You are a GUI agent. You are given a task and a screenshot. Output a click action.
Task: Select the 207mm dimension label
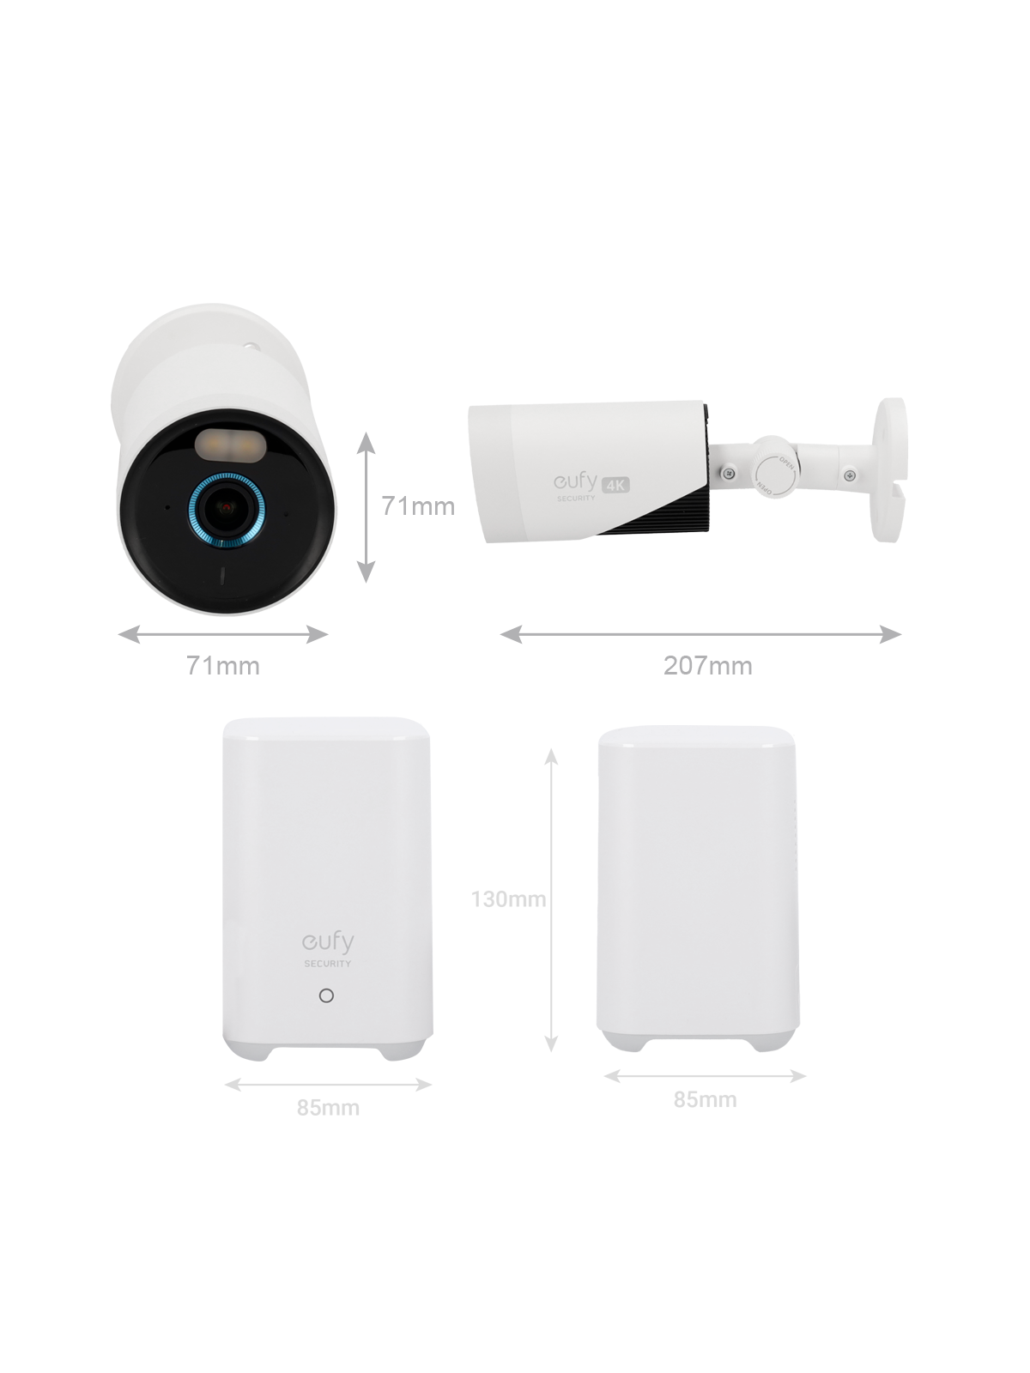(x=707, y=666)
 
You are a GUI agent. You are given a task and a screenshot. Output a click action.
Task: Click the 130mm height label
(x=508, y=899)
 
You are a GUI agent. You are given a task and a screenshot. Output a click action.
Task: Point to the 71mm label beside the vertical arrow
(x=418, y=506)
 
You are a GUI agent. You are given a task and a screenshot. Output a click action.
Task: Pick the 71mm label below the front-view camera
(x=223, y=666)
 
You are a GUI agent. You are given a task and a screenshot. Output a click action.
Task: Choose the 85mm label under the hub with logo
(x=329, y=1109)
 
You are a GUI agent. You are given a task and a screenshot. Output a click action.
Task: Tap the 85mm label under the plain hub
(x=705, y=1099)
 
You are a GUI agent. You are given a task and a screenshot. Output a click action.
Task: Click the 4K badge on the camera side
(x=615, y=485)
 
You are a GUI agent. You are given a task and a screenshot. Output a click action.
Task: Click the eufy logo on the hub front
(x=329, y=942)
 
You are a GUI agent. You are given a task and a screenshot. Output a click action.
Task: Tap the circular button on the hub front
(x=326, y=995)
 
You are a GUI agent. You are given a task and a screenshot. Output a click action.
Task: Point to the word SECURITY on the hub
(x=328, y=964)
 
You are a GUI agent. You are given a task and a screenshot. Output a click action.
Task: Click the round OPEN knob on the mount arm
(x=773, y=473)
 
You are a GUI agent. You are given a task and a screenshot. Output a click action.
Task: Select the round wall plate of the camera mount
(x=889, y=469)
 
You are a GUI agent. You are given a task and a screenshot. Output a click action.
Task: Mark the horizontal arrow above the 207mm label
(x=701, y=635)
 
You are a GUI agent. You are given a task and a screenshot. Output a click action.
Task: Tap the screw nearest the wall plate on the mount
(x=849, y=475)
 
